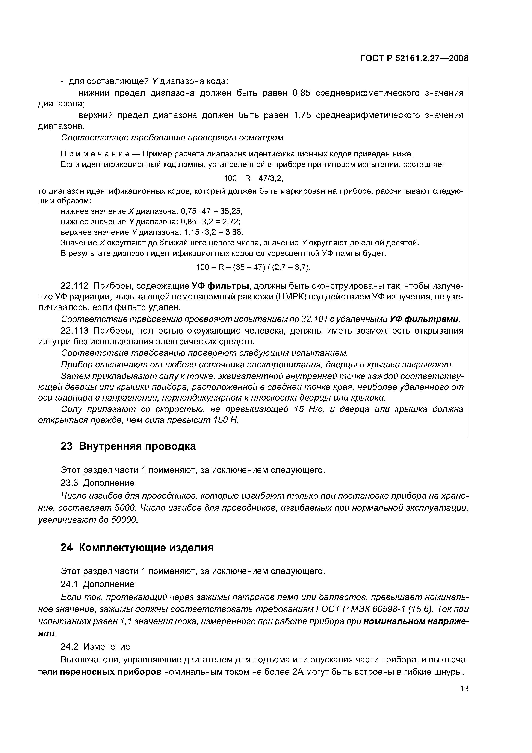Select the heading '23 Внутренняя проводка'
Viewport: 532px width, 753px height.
click(x=128, y=446)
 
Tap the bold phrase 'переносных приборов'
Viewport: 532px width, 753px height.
click(x=111, y=672)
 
